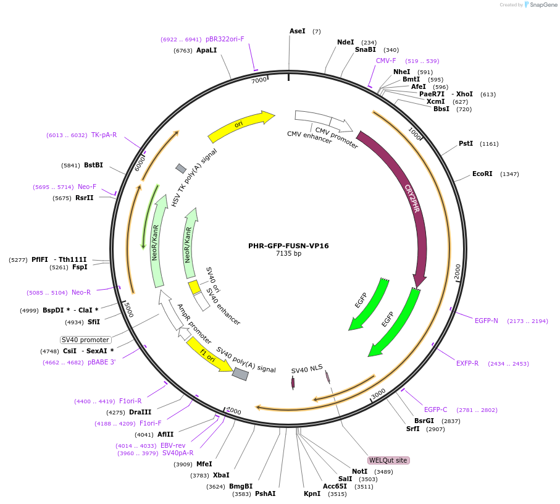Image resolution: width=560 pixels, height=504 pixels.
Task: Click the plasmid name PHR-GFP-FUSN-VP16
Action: click(x=288, y=246)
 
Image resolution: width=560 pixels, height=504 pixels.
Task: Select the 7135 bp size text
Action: click(x=288, y=254)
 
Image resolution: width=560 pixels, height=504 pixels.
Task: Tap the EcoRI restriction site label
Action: click(x=482, y=174)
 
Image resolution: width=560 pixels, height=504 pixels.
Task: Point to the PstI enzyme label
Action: click(x=466, y=144)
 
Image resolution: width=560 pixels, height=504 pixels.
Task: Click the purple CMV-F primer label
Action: click(x=386, y=61)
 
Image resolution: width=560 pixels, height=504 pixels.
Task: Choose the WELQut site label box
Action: click(x=388, y=460)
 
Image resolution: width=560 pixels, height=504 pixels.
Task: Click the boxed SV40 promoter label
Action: click(x=85, y=340)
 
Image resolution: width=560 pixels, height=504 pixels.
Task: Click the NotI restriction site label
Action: click(x=360, y=471)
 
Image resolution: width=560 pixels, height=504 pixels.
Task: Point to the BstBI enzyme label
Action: click(x=93, y=166)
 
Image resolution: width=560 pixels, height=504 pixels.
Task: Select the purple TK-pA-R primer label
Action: click(x=104, y=135)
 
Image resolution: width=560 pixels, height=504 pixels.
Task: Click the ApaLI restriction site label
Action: click(x=206, y=51)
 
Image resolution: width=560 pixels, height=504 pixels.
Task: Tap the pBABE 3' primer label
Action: click(x=101, y=362)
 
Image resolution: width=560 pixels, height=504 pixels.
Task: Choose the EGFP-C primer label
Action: click(x=435, y=409)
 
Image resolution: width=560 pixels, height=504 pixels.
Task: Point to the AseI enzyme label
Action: click(x=297, y=31)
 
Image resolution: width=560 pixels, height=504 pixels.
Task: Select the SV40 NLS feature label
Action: click(x=307, y=369)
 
